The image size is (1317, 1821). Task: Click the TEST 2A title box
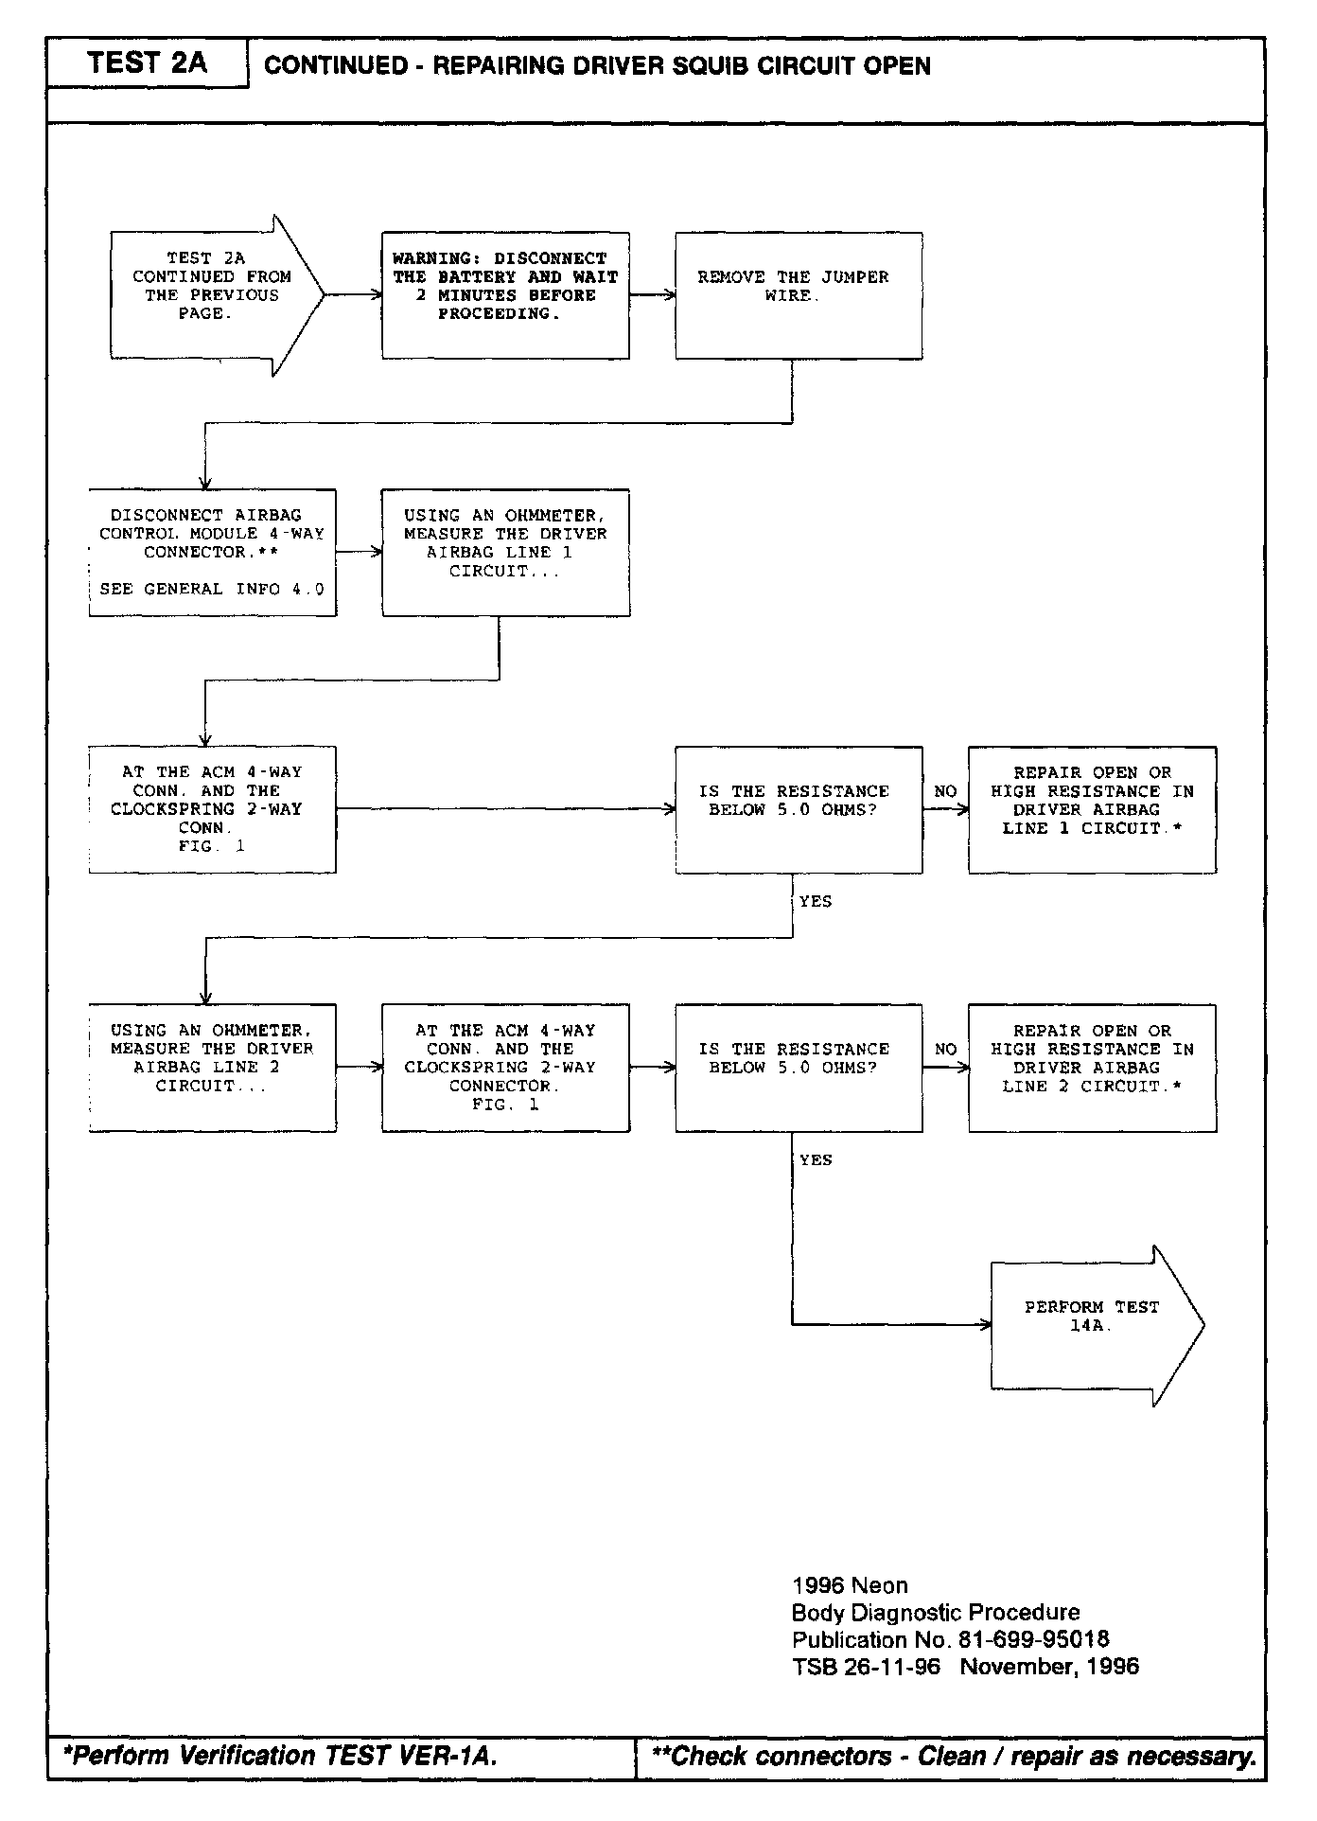pos(148,63)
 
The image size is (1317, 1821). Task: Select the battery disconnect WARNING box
pos(505,295)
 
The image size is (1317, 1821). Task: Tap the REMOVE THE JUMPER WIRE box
pos(798,295)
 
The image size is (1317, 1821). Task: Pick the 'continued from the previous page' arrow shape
pos(213,295)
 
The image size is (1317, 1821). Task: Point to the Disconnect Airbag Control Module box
pos(212,552)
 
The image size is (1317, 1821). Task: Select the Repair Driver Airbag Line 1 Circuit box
pos(1092,809)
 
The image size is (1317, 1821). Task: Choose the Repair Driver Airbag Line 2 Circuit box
pos(1092,1068)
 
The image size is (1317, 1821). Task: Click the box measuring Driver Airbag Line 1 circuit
pos(505,552)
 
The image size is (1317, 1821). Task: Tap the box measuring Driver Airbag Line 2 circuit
pos(212,1068)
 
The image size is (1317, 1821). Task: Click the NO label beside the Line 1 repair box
pos(945,791)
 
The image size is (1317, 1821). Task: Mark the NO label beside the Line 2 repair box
pos(945,1049)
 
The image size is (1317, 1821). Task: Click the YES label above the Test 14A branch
pos(816,1159)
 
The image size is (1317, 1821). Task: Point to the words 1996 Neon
pos(850,1585)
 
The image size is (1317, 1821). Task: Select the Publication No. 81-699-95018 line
pos(950,1639)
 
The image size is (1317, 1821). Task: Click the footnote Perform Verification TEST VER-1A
pos(279,1756)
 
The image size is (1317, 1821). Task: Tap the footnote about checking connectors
pos(954,1757)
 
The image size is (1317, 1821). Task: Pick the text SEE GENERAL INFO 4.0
pos(212,589)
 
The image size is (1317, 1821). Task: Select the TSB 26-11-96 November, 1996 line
pos(965,1666)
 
